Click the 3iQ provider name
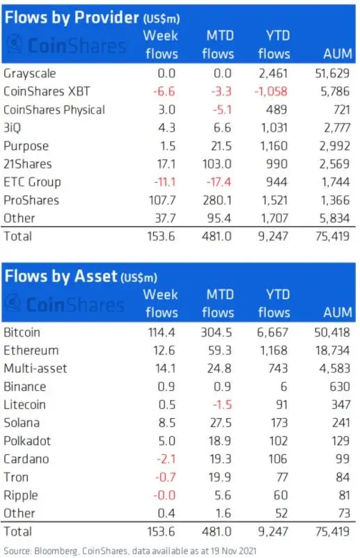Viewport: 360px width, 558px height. tap(13, 128)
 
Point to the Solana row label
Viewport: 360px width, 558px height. tap(22, 422)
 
